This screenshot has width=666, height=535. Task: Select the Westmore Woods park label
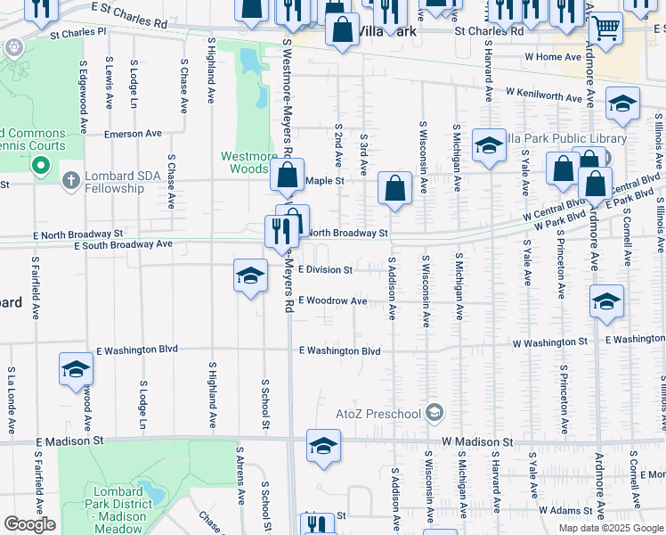click(249, 162)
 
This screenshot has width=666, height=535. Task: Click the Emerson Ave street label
click(134, 134)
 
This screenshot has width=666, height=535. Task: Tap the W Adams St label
click(564, 511)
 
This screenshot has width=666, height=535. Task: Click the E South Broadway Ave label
click(124, 243)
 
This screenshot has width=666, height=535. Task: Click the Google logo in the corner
click(29, 524)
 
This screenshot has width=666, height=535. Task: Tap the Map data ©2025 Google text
click(611, 528)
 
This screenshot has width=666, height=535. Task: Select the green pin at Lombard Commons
click(40, 166)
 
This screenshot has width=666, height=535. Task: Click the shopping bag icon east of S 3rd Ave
click(394, 188)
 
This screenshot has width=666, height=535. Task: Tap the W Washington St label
click(550, 342)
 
